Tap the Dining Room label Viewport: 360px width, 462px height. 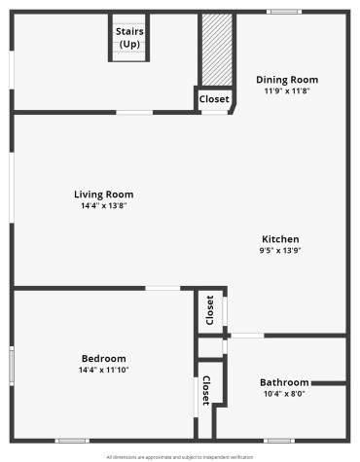tap(287, 80)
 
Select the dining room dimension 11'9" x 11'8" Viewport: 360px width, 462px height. tap(287, 91)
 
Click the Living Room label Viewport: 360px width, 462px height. tap(104, 195)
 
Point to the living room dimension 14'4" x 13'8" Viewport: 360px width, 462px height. tap(104, 205)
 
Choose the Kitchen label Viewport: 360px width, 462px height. tap(280, 239)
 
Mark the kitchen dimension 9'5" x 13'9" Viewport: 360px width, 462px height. tap(280, 251)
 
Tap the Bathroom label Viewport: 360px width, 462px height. tap(284, 382)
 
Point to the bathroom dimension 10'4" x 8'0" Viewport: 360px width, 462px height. tap(284, 394)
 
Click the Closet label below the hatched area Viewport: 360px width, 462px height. tap(214, 99)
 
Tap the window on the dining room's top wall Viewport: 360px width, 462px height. tap(284, 12)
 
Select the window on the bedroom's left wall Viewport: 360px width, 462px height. tap(12, 366)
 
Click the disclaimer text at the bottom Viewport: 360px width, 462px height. tap(180, 455)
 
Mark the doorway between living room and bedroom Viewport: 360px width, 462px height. tap(162, 287)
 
